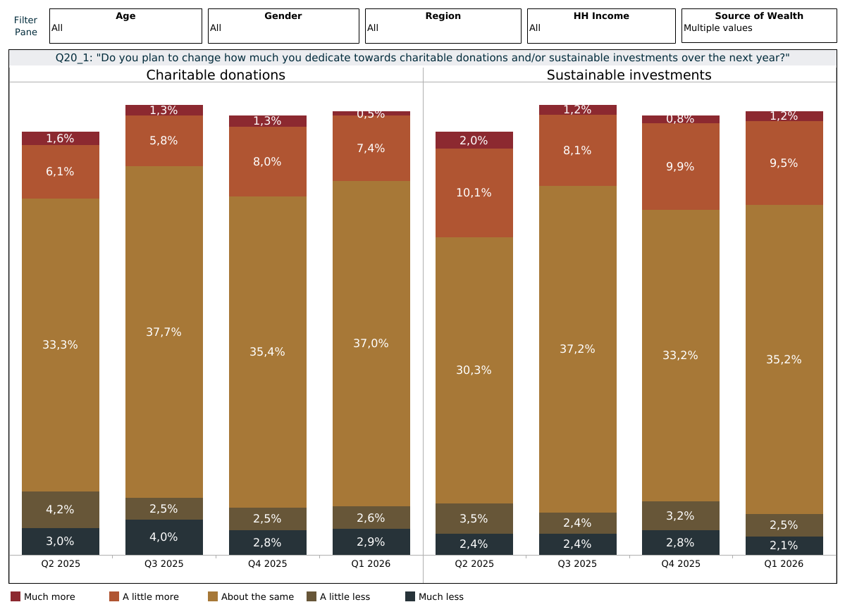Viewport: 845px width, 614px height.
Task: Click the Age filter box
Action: point(125,26)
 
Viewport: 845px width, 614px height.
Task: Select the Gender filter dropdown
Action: point(283,26)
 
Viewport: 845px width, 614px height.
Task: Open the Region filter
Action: point(443,26)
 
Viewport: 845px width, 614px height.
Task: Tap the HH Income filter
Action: point(601,26)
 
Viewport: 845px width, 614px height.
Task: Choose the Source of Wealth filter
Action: point(758,26)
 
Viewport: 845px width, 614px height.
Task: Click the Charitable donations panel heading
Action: point(216,75)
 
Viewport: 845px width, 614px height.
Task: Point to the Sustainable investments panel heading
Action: point(629,75)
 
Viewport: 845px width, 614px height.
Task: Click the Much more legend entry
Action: point(43,597)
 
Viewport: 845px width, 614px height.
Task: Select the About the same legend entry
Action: point(251,597)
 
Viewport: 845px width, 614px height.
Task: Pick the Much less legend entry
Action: point(434,597)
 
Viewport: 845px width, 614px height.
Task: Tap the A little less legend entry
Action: point(338,597)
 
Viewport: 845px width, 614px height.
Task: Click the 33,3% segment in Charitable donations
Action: point(61,344)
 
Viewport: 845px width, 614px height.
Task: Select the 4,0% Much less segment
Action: point(164,537)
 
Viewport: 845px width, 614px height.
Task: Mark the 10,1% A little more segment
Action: point(474,193)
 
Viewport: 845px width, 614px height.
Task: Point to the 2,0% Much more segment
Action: point(474,140)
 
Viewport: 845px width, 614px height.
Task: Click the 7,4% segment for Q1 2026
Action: point(371,148)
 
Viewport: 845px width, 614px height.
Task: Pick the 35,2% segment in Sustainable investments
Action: point(784,359)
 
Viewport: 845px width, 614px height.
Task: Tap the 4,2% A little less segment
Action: point(61,509)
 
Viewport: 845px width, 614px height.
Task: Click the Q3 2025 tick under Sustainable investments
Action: point(578,564)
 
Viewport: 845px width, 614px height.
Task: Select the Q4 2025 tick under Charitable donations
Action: point(268,564)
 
